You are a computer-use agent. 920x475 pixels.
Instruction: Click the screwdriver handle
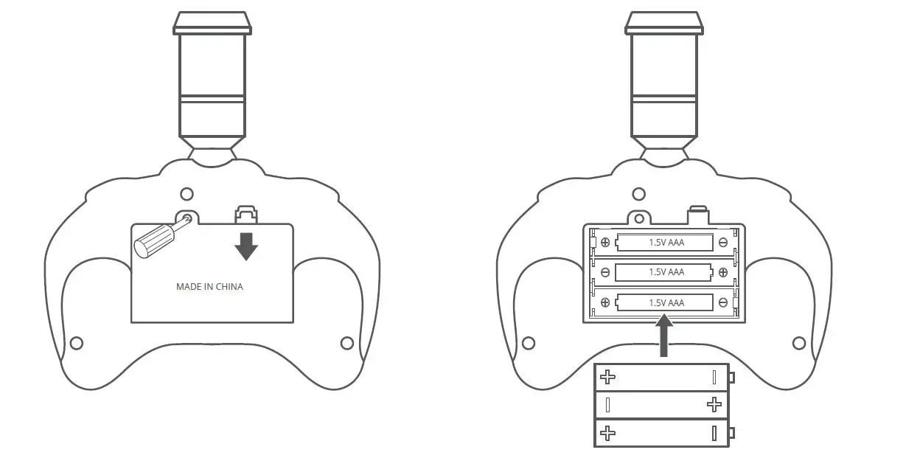[x=151, y=240]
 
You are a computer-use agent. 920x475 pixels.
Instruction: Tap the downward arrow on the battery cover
[x=246, y=246]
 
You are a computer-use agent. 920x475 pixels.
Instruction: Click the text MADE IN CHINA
[x=209, y=287]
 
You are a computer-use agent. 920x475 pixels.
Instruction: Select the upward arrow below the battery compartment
[x=665, y=336]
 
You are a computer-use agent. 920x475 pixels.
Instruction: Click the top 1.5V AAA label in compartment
[x=666, y=242]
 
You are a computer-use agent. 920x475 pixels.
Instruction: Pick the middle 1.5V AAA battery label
[x=666, y=272]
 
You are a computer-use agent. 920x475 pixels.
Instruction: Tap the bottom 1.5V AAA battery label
[x=666, y=302]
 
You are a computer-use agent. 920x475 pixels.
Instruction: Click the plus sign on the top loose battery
[x=607, y=377]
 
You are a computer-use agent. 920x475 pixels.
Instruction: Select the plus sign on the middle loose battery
[x=714, y=404]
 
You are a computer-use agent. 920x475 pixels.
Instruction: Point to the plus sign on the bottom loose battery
[x=607, y=433]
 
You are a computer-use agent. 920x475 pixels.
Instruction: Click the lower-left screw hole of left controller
[x=76, y=343]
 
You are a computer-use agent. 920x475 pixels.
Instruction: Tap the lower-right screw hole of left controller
[x=347, y=343]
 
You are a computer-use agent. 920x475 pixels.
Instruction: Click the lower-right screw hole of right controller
[x=798, y=343]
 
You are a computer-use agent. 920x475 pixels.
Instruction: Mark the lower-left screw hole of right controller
[x=528, y=343]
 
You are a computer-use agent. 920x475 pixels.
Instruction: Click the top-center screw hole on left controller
[x=187, y=194]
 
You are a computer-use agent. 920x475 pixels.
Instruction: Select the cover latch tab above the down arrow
[x=246, y=215]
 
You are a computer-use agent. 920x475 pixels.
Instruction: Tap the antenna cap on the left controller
[x=212, y=24]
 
